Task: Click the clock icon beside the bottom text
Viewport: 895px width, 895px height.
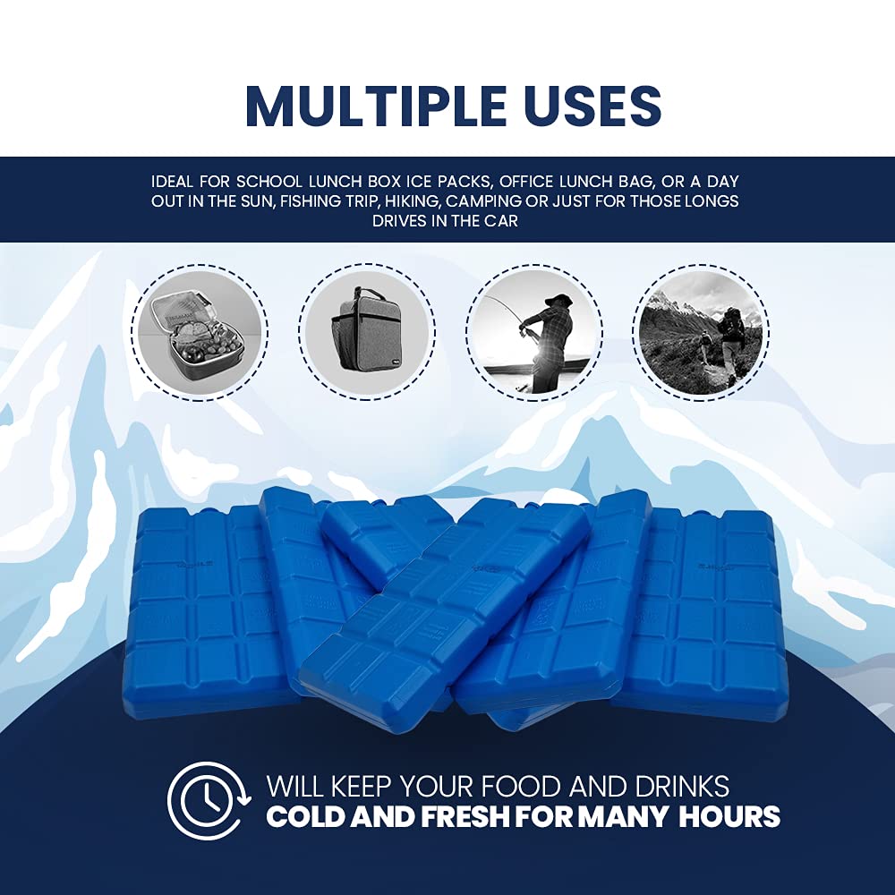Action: (x=205, y=800)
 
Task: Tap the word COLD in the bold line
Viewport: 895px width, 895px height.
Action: (x=308, y=817)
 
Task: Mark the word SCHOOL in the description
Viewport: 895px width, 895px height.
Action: (x=260, y=182)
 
